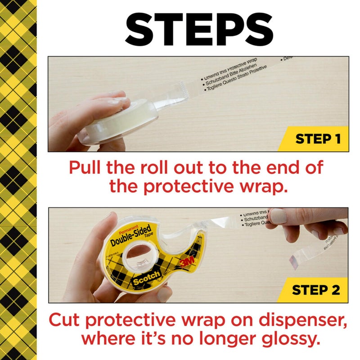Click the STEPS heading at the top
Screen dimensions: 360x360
(x=198, y=30)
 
